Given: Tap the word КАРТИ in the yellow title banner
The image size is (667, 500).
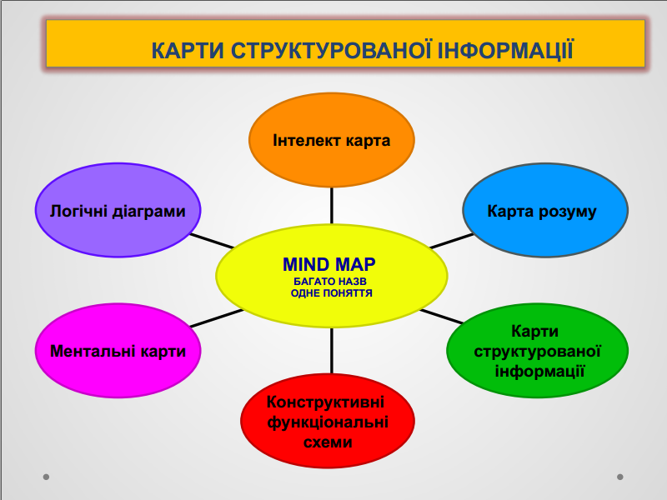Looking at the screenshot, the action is pyautogui.click(x=188, y=51).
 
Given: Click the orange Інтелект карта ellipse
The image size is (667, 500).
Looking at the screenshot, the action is pyautogui.click(x=331, y=140).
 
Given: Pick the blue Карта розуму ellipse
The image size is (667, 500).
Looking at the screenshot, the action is pyautogui.click(x=545, y=210).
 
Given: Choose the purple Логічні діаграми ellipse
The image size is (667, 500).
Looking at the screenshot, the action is pyautogui.click(x=118, y=210).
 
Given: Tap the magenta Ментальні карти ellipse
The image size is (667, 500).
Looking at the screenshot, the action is pyautogui.click(x=118, y=351).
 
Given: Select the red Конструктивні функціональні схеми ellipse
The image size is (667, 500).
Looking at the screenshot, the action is pyautogui.click(x=328, y=421).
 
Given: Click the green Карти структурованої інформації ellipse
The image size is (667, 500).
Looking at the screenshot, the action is pyautogui.click(x=537, y=351).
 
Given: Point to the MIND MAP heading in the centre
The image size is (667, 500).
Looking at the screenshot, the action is pyautogui.click(x=329, y=264).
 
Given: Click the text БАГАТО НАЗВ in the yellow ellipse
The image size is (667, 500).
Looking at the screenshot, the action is pyautogui.click(x=330, y=282).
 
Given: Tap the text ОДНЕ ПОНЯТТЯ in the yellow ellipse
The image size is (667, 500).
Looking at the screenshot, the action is pyautogui.click(x=331, y=293).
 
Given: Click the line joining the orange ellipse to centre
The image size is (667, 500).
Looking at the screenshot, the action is pyautogui.click(x=331, y=206).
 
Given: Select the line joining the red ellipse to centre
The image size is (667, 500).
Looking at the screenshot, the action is pyautogui.click(x=331, y=351).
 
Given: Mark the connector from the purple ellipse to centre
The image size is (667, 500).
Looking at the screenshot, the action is pyautogui.click(x=212, y=241).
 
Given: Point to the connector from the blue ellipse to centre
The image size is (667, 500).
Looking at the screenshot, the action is pyautogui.click(x=452, y=241).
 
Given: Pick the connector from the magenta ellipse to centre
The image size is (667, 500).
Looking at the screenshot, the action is pyautogui.click(x=216, y=318).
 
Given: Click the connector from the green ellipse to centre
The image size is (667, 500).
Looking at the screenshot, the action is pyautogui.click(x=442, y=317).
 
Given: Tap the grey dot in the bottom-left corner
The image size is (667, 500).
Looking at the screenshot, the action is pyautogui.click(x=47, y=477).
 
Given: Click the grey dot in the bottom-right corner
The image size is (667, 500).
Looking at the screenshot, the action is pyautogui.click(x=620, y=477).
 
